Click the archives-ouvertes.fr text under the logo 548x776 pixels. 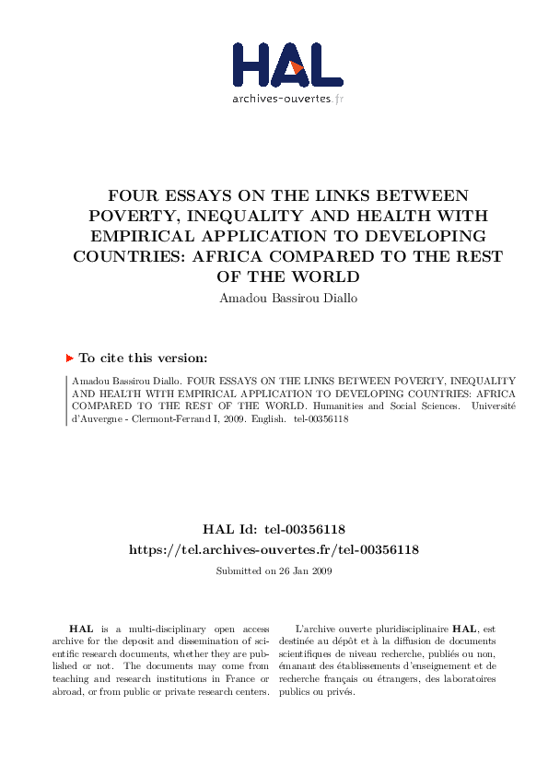click(x=287, y=99)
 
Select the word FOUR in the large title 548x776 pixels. click(x=131, y=196)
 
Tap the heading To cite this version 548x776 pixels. click(x=143, y=358)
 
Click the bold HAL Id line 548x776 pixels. click(x=274, y=529)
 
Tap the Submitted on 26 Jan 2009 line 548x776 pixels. click(x=274, y=571)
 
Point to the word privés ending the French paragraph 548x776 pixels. click(x=342, y=692)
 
